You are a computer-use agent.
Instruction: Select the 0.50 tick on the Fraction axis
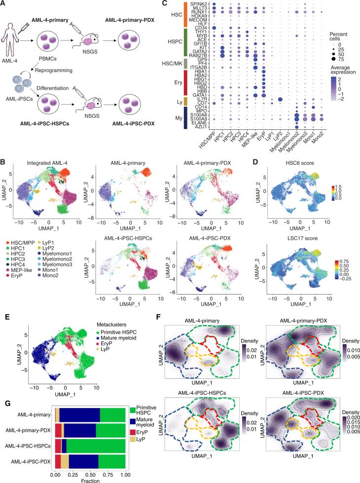pyautogui.click(x=90, y=475)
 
